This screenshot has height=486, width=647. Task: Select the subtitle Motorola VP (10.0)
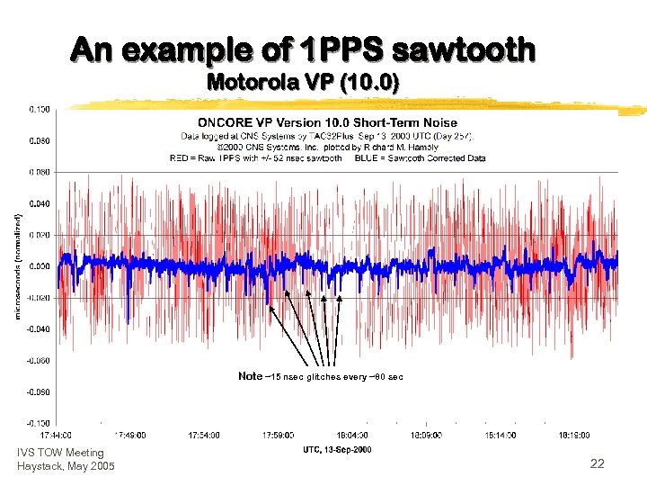coord(303,83)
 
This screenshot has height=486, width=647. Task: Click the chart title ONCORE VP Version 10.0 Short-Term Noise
coord(327,122)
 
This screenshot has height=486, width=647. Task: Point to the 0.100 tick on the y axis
coord(39,109)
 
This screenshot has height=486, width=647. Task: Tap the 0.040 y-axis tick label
coord(39,203)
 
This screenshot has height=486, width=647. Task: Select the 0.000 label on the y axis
coord(39,266)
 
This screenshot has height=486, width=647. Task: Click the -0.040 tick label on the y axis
coord(38,329)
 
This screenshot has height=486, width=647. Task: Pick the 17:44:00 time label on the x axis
coord(57,435)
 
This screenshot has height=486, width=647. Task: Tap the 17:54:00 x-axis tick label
coord(203,435)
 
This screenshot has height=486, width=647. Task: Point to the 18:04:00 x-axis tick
coord(350,435)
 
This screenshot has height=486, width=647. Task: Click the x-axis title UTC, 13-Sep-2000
coord(336,448)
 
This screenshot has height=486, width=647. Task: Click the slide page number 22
coord(597,463)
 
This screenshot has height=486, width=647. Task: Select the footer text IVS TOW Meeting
coord(60,453)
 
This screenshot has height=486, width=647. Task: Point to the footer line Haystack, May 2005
coord(66,465)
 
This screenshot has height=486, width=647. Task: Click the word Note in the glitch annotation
coord(251,376)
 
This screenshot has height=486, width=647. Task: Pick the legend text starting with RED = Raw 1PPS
coord(255,157)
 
